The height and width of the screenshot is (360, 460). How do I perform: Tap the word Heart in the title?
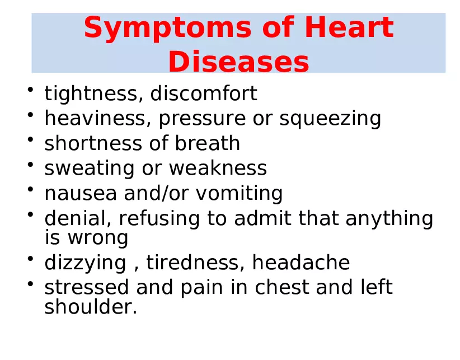tap(352, 28)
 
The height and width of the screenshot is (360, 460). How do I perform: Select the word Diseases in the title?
tap(238, 62)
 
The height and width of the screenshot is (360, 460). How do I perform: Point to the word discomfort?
tap(204, 94)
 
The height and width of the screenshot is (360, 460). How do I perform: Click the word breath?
tap(208, 144)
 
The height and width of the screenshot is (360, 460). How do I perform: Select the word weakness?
tap(218, 169)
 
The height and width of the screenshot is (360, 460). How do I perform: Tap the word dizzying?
tap(85, 263)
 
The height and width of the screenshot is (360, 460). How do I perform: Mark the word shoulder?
tap(90, 307)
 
